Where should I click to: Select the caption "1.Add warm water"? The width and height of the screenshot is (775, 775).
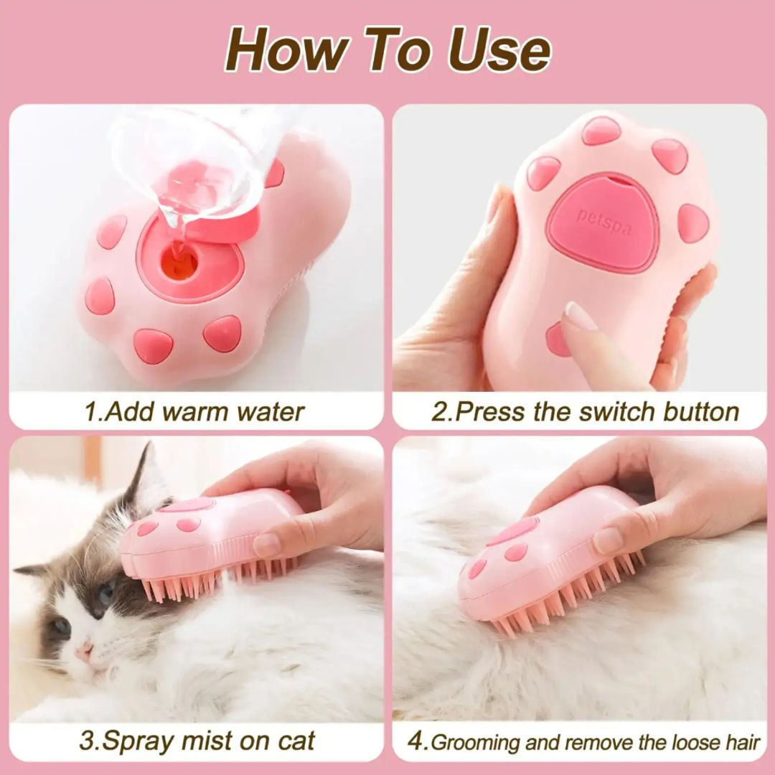(194, 412)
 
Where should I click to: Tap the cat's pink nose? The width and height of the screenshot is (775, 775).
(85, 651)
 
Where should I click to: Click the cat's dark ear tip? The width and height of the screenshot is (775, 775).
(146, 452)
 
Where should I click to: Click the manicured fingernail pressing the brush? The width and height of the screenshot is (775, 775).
(579, 315)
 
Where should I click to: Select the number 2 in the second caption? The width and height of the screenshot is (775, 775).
(438, 412)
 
